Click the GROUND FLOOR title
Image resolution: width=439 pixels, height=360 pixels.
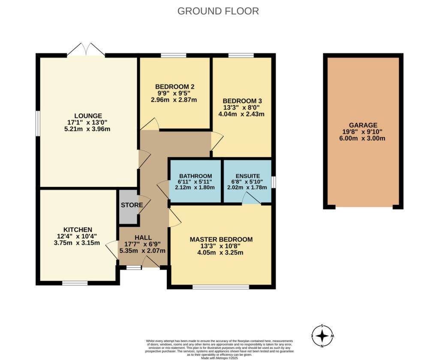[218, 11]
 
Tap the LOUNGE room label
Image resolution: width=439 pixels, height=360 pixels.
[88, 116]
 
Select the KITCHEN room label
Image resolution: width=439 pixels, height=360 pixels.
[78, 230]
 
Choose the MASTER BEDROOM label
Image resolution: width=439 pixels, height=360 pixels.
[221, 239]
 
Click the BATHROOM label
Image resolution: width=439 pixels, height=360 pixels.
[195, 176]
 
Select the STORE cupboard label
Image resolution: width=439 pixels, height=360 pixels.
[132, 205]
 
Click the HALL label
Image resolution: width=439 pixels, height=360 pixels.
[143, 237]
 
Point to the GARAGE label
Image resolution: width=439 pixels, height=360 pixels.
[363, 125]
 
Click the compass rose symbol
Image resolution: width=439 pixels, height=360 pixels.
[322, 335]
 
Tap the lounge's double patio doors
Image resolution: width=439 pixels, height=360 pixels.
[86, 51]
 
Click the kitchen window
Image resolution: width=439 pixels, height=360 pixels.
[75, 283]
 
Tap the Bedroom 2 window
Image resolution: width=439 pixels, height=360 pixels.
[174, 55]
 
